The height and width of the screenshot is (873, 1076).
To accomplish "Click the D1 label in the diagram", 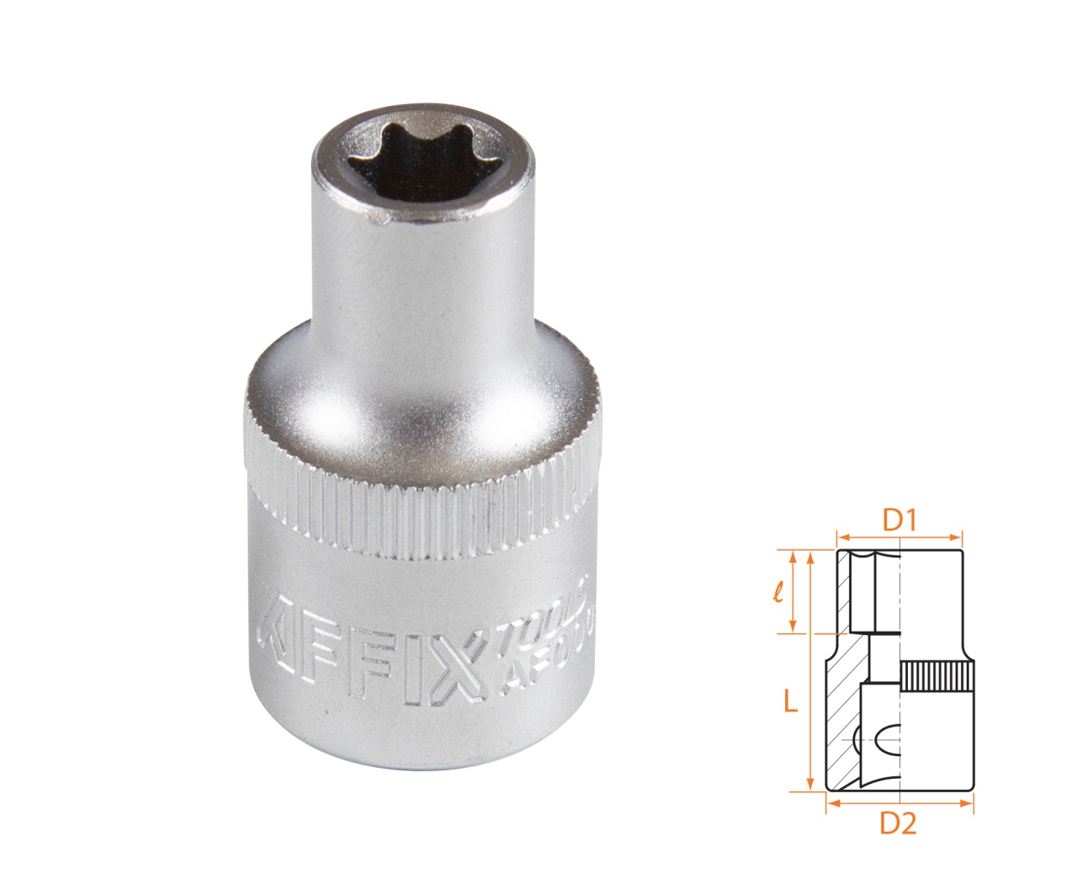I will tap(899, 521).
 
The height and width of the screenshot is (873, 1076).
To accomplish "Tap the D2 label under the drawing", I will tap(898, 825).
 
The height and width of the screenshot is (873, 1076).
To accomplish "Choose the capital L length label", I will tap(790, 701).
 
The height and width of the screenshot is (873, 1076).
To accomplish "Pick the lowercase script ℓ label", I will tap(778, 593).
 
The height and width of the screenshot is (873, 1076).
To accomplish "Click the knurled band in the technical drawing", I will tap(936, 677).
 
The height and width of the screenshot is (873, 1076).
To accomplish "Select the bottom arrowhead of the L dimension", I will tap(810, 786).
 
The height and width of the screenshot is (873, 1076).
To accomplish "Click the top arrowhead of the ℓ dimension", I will tap(792, 555).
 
